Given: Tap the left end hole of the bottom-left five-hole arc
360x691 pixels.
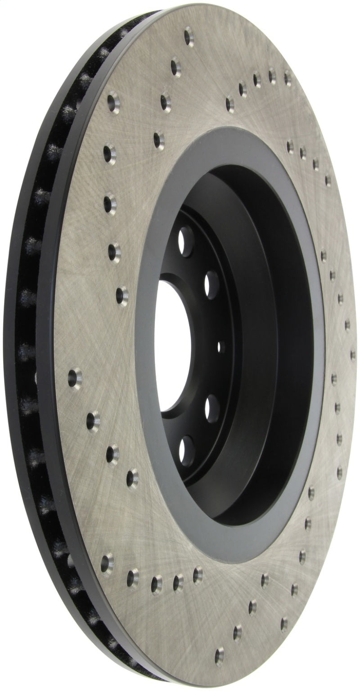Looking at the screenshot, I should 107,561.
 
